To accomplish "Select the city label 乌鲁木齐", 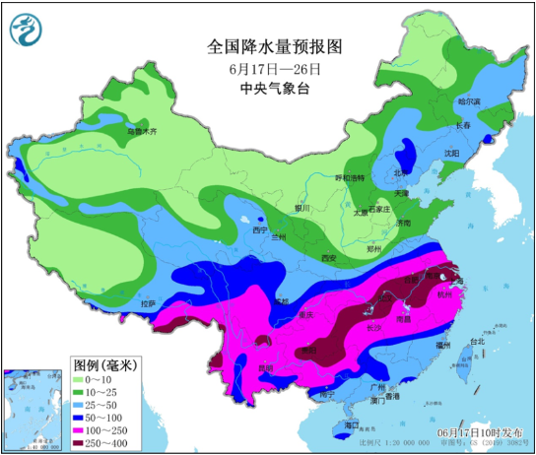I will coord(142,130).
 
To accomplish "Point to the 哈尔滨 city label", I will coord(468,101).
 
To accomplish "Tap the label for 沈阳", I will coord(451,153).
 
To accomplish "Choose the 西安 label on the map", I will coord(328,258).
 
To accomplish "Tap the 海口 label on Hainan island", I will coord(352,425).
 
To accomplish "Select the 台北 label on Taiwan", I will coord(477,342).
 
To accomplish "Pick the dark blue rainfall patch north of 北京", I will coord(404,154).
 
